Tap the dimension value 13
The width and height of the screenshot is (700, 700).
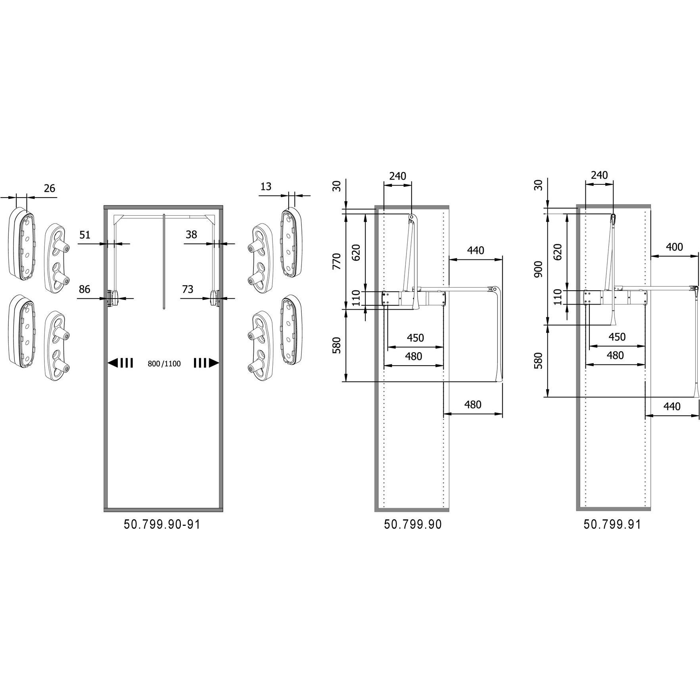pos(266,186)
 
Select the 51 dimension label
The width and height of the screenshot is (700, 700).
pos(85,235)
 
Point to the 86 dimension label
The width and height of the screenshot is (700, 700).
pos(84,289)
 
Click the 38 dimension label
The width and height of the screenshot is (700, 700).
pos(191,234)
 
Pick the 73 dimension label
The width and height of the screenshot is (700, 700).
pos(188,289)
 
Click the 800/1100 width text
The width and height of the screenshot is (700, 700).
pos(164,364)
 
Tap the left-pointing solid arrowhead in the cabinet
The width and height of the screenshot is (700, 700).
pos(113,362)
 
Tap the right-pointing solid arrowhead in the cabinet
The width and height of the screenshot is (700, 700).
pos(214,362)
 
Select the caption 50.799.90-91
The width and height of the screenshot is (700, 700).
pos(162,524)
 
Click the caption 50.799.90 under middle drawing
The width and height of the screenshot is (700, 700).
pos(412,524)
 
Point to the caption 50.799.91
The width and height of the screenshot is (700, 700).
pos(612,524)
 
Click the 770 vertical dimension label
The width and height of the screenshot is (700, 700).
pos(337,261)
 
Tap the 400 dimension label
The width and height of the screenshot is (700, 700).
pos(674,247)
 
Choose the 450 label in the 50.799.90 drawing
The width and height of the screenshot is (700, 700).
pos(415,338)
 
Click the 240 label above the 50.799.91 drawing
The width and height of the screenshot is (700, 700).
pos(599,175)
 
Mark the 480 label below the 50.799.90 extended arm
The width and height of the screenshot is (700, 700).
pos(472,405)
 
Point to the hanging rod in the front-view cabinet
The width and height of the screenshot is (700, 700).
pos(164,261)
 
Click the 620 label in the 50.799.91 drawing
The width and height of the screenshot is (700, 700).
pos(558,251)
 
